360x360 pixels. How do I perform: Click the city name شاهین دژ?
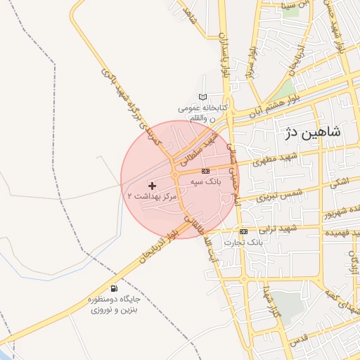(314, 131)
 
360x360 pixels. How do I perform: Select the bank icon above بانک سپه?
(205, 171)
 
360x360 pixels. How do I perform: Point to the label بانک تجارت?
(243, 242)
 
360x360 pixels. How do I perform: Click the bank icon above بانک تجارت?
(243, 231)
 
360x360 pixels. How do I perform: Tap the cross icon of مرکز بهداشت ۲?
(152, 186)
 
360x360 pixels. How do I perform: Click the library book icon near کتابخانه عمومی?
(203, 97)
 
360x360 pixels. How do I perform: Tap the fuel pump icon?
(114, 288)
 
